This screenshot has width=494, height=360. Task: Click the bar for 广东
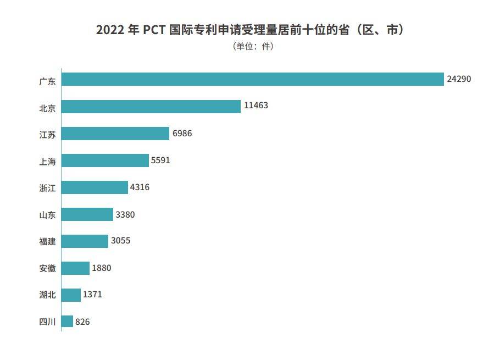(x=252, y=79)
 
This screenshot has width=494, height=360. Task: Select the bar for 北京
(x=151, y=106)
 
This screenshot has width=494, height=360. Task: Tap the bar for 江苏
(x=115, y=134)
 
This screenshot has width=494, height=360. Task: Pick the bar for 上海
(x=105, y=160)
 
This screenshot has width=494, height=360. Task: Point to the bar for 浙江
(x=95, y=187)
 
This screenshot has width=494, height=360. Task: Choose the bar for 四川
(x=67, y=322)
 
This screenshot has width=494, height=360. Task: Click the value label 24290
(x=459, y=79)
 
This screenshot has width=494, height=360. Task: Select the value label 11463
(x=256, y=106)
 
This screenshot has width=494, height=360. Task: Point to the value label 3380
(x=125, y=214)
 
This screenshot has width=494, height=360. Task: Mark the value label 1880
(x=102, y=268)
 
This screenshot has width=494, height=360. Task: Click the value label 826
(x=82, y=322)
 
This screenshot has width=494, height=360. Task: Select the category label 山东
(x=47, y=214)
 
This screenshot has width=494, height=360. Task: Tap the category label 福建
(x=47, y=241)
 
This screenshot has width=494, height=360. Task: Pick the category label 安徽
(x=47, y=268)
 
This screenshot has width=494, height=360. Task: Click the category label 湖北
(x=47, y=295)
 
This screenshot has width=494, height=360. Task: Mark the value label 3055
(x=120, y=241)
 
